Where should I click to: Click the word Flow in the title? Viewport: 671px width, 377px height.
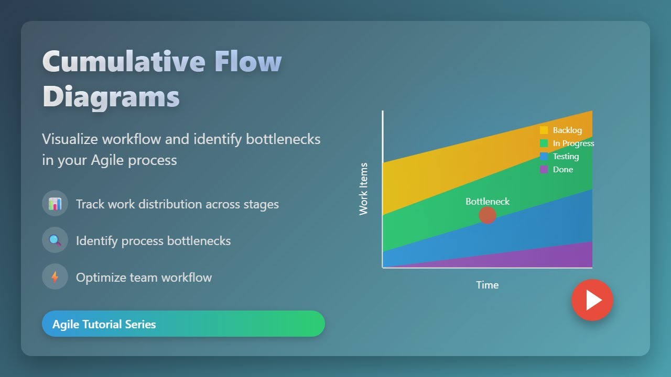pyautogui.click(x=248, y=61)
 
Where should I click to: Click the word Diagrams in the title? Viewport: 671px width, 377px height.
pyautogui.click(x=111, y=96)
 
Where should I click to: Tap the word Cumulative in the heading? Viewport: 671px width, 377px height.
pyautogui.click(x=124, y=61)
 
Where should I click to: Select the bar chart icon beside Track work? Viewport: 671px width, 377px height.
pyautogui.click(x=55, y=204)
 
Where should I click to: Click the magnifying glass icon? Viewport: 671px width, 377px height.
pyautogui.click(x=55, y=240)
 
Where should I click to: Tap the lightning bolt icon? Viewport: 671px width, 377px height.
pyautogui.click(x=55, y=277)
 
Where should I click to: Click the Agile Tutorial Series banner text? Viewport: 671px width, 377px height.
pyautogui.click(x=104, y=324)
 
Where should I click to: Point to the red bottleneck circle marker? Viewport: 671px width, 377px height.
pyautogui.click(x=488, y=215)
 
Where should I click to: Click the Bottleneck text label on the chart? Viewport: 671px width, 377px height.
pyautogui.click(x=488, y=202)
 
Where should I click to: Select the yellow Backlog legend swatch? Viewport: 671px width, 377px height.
pyautogui.click(x=544, y=130)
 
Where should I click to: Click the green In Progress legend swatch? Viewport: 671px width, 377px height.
pyautogui.click(x=544, y=143)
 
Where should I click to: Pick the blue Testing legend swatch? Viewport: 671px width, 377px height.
pyautogui.click(x=544, y=157)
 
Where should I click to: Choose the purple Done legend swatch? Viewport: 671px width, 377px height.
pyautogui.click(x=544, y=170)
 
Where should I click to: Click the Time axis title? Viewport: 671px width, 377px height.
pyautogui.click(x=487, y=285)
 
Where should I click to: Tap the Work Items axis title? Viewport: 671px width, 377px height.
pyautogui.click(x=363, y=189)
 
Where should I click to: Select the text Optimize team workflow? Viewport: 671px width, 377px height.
pyautogui.click(x=144, y=277)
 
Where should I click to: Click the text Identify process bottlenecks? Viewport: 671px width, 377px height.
pyautogui.click(x=153, y=240)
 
